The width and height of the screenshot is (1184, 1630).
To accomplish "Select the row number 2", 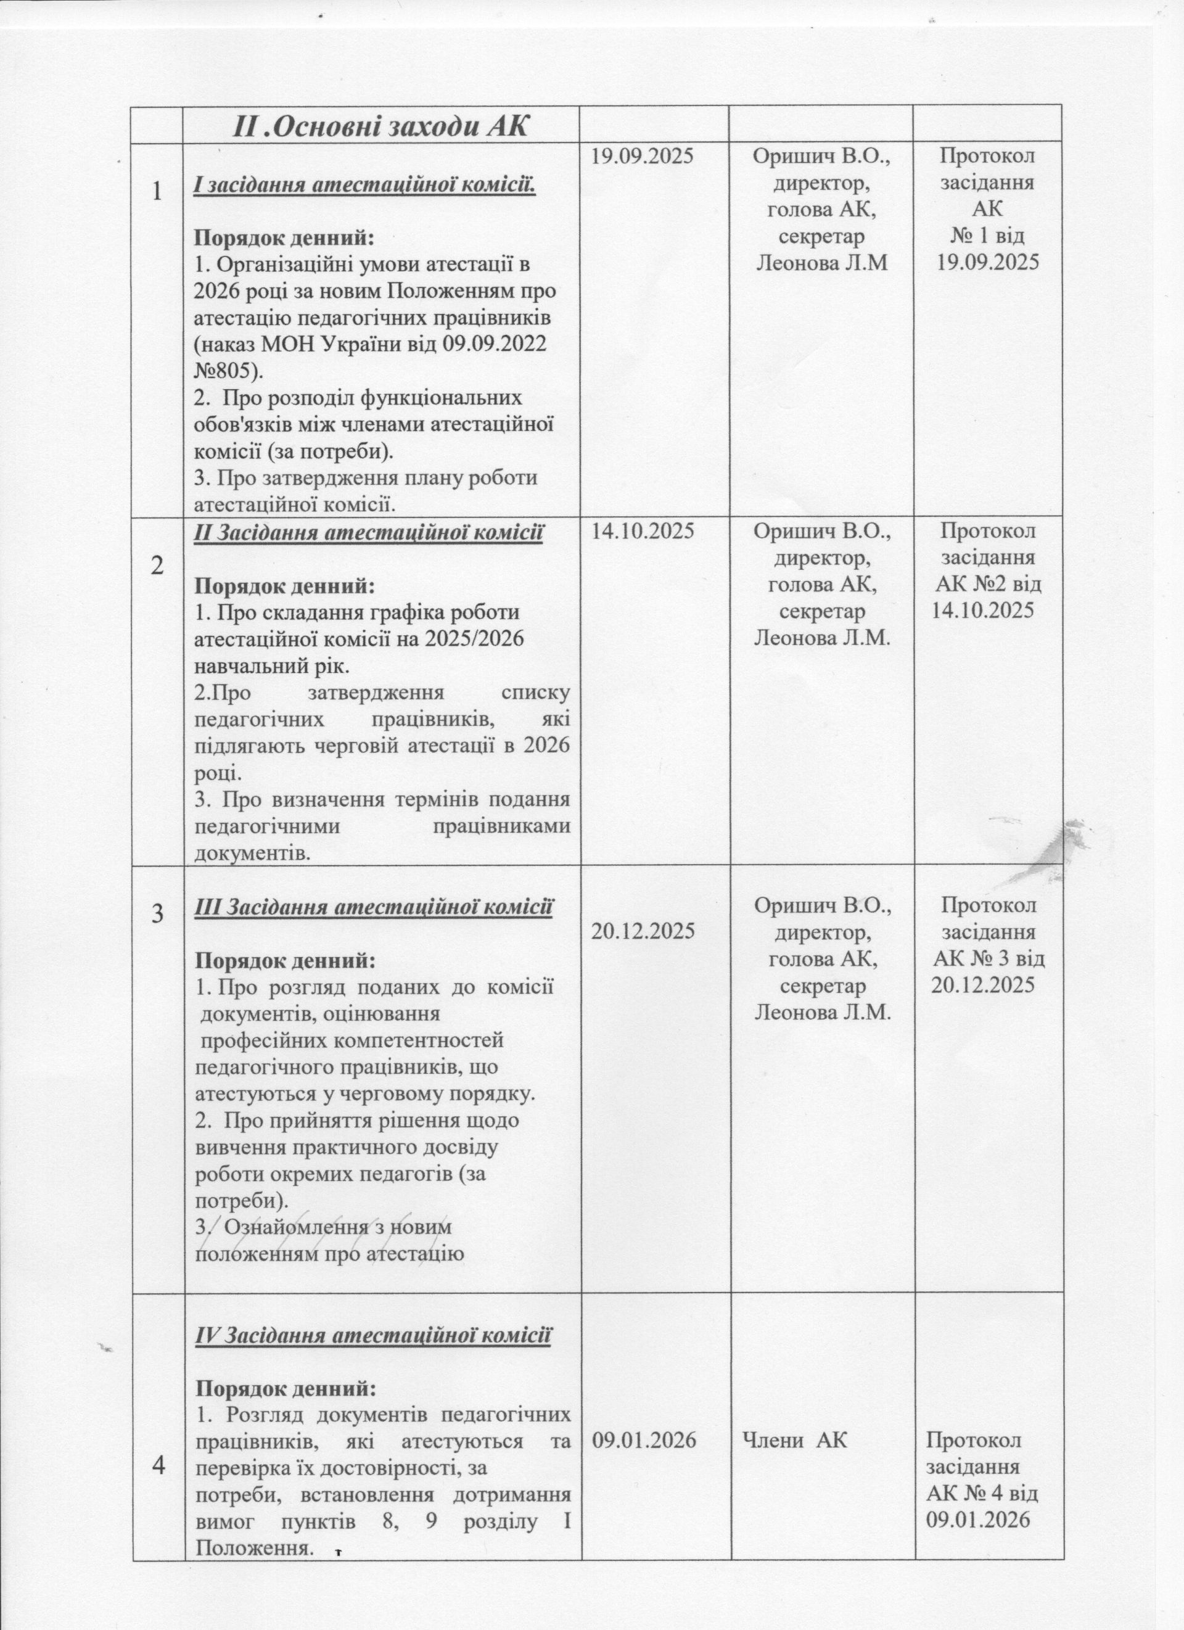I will point(157,566).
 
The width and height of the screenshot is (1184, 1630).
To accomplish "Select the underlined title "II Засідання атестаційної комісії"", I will point(369,533).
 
